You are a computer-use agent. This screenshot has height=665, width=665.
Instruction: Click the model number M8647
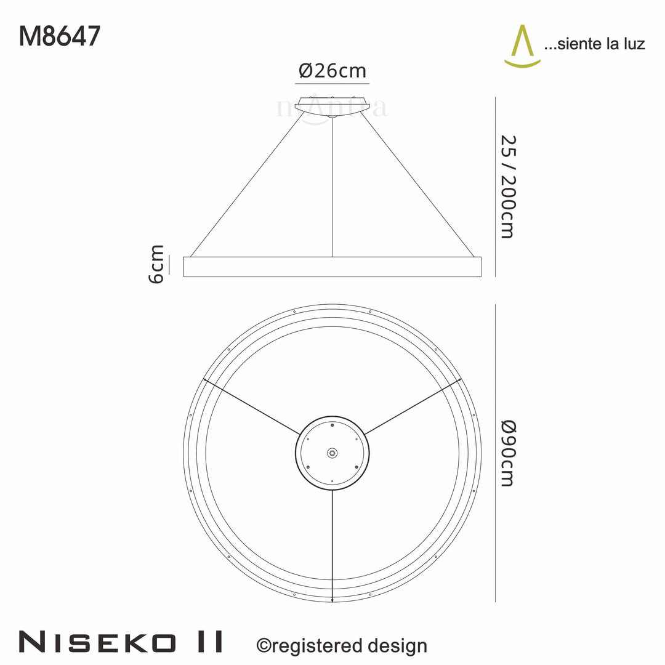coord(59,37)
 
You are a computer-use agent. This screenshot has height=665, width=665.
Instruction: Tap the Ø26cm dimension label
coord(332,71)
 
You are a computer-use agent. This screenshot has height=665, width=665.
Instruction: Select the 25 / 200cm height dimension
coord(506,186)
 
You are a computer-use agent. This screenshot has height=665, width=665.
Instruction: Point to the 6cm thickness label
coord(157,264)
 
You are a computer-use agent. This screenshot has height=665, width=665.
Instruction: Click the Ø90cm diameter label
coord(506,453)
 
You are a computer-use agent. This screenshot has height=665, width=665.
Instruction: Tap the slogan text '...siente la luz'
coord(594,44)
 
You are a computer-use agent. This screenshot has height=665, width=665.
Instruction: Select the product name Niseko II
coord(121,642)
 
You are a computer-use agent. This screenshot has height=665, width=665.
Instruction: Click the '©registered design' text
coord(341,645)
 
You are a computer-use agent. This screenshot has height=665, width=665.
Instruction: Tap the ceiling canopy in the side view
coord(332,105)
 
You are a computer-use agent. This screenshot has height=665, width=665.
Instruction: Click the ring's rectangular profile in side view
coord(332,267)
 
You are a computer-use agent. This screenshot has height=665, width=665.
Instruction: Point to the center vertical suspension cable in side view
coord(332,185)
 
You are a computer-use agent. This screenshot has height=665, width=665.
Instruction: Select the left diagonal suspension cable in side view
coord(246,185)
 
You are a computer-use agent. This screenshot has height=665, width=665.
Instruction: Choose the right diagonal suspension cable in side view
coord(419,185)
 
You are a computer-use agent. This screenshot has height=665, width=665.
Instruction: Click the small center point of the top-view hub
coord(332,453)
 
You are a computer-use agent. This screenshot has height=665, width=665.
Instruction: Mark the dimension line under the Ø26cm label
coord(332,83)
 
